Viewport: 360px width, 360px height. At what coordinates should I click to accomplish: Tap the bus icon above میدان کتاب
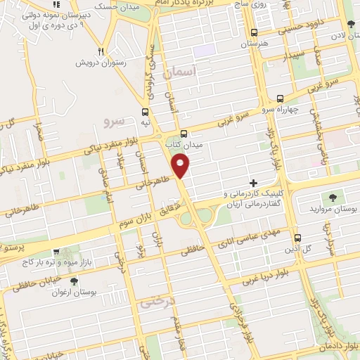(x=184, y=134)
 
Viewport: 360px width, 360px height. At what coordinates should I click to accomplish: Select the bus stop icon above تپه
(x=145, y=111)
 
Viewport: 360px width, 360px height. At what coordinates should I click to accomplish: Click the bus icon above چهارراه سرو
(x=281, y=98)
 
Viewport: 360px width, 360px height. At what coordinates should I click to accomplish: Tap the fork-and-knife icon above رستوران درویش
(x=103, y=51)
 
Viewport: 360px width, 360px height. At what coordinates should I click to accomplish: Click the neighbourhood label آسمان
(x=178, y=72)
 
